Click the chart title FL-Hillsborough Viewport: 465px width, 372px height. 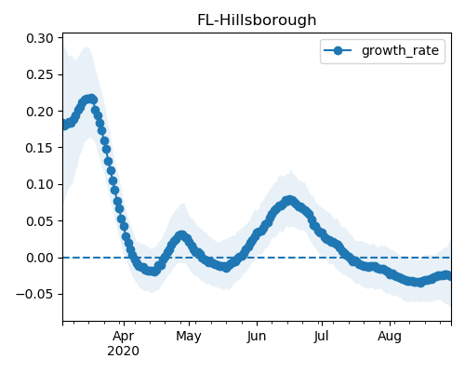coord(257,20)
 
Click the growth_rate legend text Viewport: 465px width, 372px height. coord(400,51)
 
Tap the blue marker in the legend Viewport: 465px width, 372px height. coord(338,50)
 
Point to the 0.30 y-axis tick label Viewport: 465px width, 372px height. coord(40,38)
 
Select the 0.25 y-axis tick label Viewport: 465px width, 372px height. coord(40,75)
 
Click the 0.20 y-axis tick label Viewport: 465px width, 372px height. coord(40,112)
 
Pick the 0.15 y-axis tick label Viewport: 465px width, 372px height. coord(40,148)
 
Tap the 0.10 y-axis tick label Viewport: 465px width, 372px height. coord(40,185)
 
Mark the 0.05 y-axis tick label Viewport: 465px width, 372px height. coord(40,221)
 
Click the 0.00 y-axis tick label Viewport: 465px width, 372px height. coord(40,258)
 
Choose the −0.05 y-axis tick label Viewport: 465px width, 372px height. coord(34,295)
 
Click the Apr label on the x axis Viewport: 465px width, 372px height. coord(124,337)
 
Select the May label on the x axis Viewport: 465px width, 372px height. coord(189,337)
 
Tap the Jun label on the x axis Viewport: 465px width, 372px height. coord(257,337)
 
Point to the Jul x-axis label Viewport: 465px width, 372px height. coord(321,337)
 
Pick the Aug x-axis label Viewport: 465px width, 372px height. coord(390,337)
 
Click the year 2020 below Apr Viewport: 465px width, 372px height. coord(123,352)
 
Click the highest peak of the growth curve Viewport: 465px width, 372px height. coord(91,99)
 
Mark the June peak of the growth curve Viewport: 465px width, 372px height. coord(289,200)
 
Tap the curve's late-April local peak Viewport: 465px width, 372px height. coord(181,235)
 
